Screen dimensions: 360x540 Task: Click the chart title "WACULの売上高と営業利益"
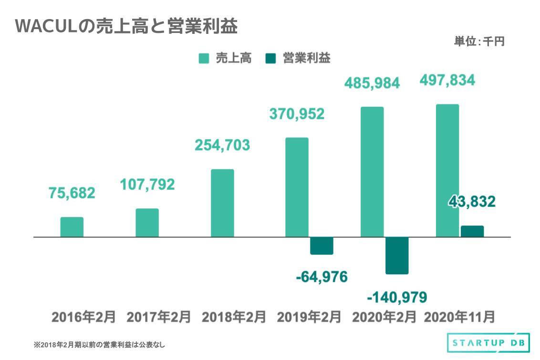click(126, 27)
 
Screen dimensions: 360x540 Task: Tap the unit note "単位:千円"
click(478, 41)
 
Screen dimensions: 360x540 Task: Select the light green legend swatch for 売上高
click(204, 58)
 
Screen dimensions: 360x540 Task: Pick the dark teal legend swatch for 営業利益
click(270, 58)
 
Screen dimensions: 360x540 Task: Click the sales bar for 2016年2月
click(72, 227)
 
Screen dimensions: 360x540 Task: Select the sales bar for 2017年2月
click(147, 223)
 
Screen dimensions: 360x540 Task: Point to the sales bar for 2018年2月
click(222, 203)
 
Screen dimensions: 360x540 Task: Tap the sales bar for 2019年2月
click(297, 187)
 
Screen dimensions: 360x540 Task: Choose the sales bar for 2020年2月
click(372, 172)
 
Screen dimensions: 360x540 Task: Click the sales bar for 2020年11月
click(447, 170)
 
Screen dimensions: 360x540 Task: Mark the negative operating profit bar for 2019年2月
click(322, 246)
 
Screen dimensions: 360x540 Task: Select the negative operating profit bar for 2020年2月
click(397, 255)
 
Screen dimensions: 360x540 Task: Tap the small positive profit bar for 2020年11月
click(472, 231)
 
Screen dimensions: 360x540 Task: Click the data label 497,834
click(447, 81)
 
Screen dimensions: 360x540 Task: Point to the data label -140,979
click(397, 297)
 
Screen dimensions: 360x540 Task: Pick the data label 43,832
click(471, 201)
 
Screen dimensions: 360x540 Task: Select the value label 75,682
click(72, 193)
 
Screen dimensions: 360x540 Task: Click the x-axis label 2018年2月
click(234, 317)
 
